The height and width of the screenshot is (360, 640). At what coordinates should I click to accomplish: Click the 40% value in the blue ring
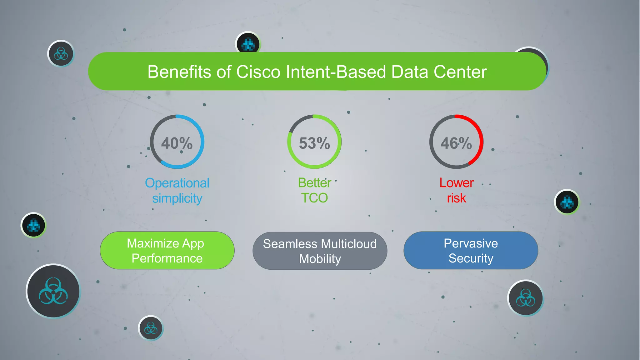pyautogui.click(x=177, y=143)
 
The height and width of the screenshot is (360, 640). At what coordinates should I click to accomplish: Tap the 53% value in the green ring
pyautogui.click(x=314, y=143)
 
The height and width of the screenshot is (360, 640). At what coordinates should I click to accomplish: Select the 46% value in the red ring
pyautogui.click(x=456, y=143)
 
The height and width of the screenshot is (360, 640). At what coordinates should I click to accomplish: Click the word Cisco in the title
pyautogui.click(x=258, y=72)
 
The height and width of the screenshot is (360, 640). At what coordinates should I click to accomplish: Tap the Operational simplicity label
pyautogui.click(x=177, y=191)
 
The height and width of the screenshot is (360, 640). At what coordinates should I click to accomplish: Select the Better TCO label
pyautogui.click(x=314, y=190)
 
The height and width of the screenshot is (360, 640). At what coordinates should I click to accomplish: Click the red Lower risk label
pyautogui.click(x=457, y=190)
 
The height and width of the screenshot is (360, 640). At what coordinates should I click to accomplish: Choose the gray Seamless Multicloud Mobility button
pyautogui.click(x=320, y=251)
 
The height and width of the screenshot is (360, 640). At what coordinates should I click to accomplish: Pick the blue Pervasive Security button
pyautogui.click(x=471, y=251)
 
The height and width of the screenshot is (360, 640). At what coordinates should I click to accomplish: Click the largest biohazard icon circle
pyautogui.click(x=53, y=291)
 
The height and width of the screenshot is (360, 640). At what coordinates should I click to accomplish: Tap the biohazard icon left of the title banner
pyautogui.click(x=61, y=54)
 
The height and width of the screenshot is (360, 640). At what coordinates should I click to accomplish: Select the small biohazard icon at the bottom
pyautogui.click(x=151, y=328)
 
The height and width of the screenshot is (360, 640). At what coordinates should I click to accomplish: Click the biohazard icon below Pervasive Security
pyautogui.click(x=526, y=298)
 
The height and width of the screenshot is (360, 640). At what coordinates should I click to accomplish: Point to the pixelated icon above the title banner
pyautogui.click(x=248, y=43)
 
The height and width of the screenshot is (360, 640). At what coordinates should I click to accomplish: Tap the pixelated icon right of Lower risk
pyautogui.click(x=567, y=202)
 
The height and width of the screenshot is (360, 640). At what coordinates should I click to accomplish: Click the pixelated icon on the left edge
pyautogui.click(x=33, y=225)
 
